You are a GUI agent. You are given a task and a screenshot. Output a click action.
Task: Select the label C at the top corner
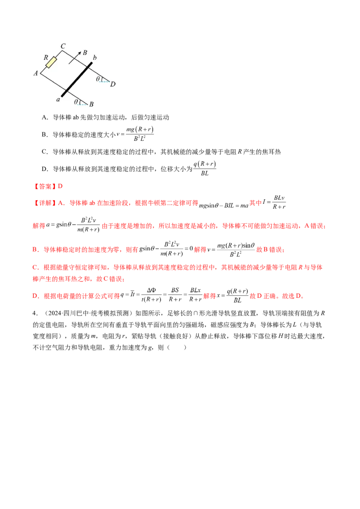tap(63, 46)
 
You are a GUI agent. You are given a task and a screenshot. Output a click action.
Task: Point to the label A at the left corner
tap(36, 73)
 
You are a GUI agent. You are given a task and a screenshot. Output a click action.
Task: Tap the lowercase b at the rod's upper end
tap(94, 58)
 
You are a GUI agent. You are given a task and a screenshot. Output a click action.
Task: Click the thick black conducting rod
tap(76, 79)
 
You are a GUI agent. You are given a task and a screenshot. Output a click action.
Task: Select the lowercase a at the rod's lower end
tap(58, 99)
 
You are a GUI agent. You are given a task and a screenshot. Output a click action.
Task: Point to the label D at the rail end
tap(112, 84)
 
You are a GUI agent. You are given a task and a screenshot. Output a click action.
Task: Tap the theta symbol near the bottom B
tap(76, 102)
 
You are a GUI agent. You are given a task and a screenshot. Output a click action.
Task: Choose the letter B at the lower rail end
tap(91, 105)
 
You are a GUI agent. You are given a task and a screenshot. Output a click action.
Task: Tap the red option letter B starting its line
tap(34, 249)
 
